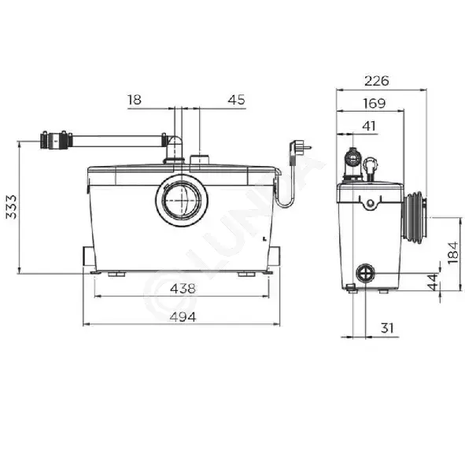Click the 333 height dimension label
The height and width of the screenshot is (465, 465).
[x=11, y=207]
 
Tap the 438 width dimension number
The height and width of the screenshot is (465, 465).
[x=183, y=288]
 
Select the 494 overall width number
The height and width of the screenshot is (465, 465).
[x=183, y=317]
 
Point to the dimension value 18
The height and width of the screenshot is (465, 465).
[x=135, y=100]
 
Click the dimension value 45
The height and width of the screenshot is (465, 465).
[x=236, y=100]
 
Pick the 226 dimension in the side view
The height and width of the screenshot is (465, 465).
[x=377, y=81]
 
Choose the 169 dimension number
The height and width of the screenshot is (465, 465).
[x=375, y=103]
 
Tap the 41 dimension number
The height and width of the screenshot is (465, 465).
[x=369, y=126]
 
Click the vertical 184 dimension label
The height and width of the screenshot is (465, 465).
[x=453, y=253]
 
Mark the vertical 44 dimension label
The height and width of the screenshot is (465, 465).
[x=434, y=282]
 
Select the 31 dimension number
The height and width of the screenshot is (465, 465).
[x=387, y=328]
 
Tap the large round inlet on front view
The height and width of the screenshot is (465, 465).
[x=182, y=200]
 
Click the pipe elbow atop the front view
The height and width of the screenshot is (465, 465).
[x=175, y=148]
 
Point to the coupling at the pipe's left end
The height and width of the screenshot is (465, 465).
[x=56, y=139]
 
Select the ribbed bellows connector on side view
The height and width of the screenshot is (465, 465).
[x=415, y=218]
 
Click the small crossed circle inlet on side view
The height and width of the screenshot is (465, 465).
[x=365, y=273]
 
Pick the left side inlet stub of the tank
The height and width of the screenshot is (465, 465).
[x=89, y=256]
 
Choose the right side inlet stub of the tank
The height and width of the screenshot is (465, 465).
[x=275, y=256]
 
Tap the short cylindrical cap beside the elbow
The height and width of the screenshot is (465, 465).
[x=199, y=159]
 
